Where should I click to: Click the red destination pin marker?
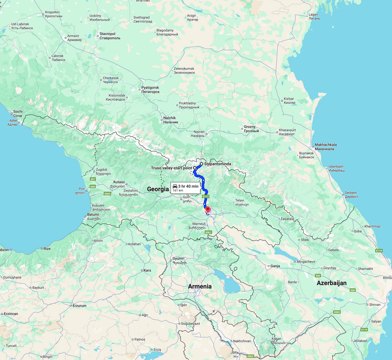207,210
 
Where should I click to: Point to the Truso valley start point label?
171,168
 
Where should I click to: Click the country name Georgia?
158,189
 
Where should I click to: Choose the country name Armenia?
200,286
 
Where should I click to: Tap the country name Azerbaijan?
332,283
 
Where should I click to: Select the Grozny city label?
250,129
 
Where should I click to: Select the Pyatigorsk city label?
150,89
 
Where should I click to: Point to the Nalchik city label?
170,120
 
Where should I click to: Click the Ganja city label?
274,266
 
